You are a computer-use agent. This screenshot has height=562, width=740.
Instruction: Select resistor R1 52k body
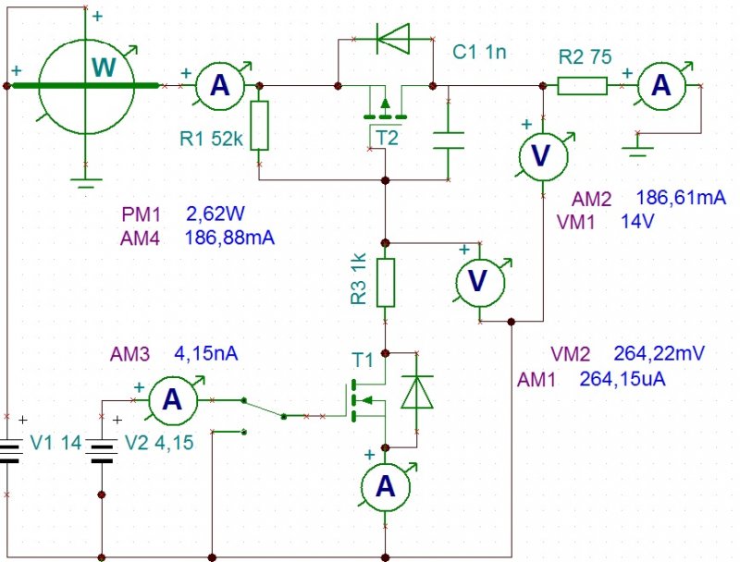coord(259,126)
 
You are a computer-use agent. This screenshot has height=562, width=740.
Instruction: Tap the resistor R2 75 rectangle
coord(582,86)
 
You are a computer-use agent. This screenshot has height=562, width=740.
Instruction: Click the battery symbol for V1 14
coord(10,454)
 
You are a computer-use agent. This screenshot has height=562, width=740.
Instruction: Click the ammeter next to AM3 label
coord(172,399)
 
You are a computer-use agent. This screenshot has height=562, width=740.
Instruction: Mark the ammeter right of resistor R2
coord(660,86)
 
